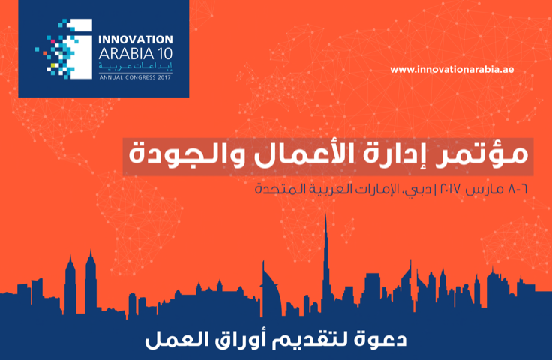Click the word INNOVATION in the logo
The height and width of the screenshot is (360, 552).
pos(136,40)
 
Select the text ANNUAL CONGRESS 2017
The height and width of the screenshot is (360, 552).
pos(135,77)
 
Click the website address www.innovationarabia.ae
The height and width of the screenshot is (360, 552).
pos(451,69)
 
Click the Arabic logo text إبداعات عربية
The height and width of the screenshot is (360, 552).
pos(135,67)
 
